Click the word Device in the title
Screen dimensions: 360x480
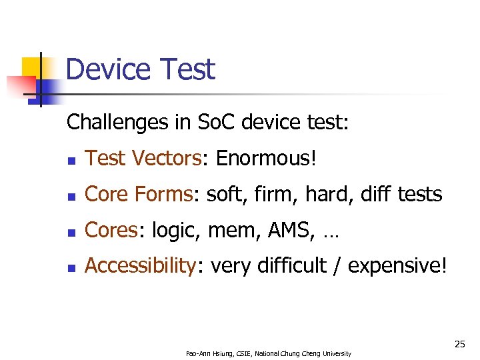109,70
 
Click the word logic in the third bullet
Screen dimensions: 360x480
177,231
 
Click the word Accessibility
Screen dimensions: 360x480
140,266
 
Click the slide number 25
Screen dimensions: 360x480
459,344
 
